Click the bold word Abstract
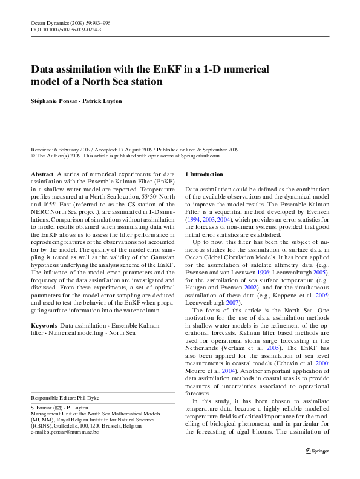pyautogui.click(x=42, y=174)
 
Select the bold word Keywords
pyautogui.click(x=44, y=325)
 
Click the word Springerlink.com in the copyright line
pyautogui.click(x=199, y=156)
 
